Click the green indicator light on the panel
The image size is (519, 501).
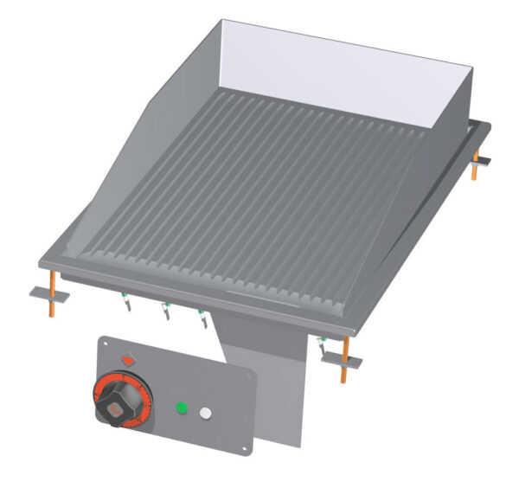[x=183, y=408]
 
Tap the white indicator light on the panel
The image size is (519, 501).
[x=206, y=414]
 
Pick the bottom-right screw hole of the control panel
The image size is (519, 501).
[x=245, y=445]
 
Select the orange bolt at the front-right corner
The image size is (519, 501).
[x=344, y=358]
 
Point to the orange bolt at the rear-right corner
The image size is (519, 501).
[x=475, y=164]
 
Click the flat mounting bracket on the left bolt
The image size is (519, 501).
[x=50, y=292]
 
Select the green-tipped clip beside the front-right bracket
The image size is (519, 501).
[x=324, y=345]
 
